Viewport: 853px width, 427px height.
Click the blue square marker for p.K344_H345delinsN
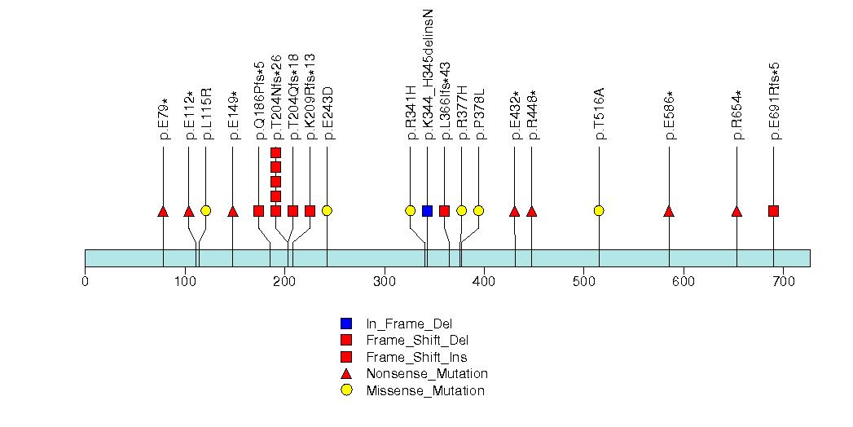click(427, 211)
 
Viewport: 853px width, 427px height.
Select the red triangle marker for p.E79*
click(163, 212)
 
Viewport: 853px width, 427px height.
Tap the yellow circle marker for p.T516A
click(599, 211)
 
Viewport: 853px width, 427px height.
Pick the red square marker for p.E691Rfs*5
click(773, 211)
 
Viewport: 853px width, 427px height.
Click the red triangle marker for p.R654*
click(736, 212)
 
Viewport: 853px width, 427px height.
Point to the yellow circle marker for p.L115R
click(205, 211)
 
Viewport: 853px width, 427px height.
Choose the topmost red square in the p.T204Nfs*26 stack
click(275, 152)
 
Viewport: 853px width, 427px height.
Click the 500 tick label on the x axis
click(583, 282)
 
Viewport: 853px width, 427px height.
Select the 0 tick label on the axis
click(85, 282)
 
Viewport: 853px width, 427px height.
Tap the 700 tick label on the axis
click(783, 282)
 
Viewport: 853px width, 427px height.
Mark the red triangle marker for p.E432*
click(514, 212)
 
